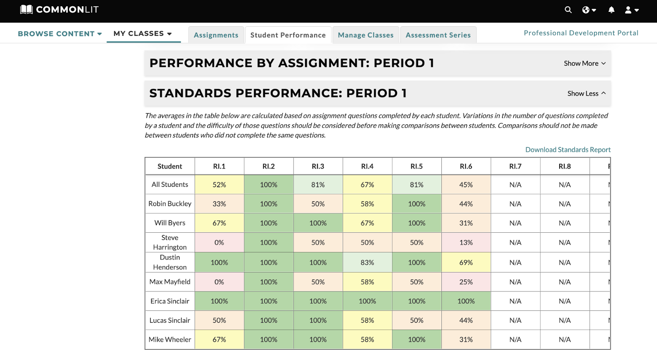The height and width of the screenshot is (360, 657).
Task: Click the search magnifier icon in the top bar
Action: (x=568, y=10)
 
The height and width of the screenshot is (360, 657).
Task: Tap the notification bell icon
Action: (x=611, y=10)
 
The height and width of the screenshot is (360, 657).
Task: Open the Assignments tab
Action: (x=216, y=35)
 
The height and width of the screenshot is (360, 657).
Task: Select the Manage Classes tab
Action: (x=366, y=35)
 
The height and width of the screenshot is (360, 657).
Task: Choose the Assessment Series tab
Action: (x=438, y=35)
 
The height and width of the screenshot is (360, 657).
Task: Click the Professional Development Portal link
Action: (x=581, y=33)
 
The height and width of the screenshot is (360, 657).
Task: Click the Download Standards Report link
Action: (x=568, y=149)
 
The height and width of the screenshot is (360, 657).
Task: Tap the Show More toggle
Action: (x=585, y=63)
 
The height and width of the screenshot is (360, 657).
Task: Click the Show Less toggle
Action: (x=586, y=93)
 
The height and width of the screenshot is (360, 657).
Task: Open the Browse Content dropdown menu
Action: (x=60, y=34)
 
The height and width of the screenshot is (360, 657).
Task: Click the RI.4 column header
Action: (x=367, y=166)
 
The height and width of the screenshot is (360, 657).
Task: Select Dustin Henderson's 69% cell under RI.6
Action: (x=466, y=262)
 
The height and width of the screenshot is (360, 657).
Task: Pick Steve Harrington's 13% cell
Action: (x=466, y=243)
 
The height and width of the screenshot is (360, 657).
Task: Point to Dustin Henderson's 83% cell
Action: (x=367, y=262)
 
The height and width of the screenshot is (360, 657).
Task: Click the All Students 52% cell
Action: (x=219, y=185)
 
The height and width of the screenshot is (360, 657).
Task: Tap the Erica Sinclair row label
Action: (x=170, y=301)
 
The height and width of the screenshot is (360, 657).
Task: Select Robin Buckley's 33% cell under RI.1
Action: (x=219, y=204)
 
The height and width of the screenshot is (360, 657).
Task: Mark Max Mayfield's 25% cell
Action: (x=466, y=282)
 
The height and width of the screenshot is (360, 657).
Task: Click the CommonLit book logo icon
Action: (x=26, y=9)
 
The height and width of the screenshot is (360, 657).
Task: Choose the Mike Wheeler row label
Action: (x=170, y=339)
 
